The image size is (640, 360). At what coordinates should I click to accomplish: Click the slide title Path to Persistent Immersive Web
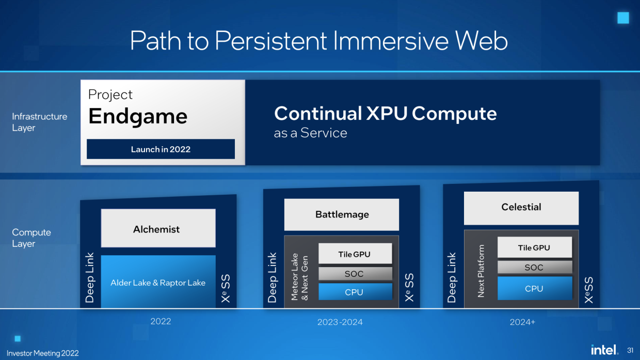tap(318, 40)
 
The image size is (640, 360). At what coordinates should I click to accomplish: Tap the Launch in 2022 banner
tap(161, 149)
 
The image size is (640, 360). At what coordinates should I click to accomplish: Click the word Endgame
tap(138, 116)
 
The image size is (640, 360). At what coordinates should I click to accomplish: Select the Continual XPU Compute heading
tap(385, 114)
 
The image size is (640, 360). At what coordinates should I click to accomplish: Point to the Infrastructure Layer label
tap(39, 122)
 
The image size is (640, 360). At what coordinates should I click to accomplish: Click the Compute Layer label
tap(31, 238)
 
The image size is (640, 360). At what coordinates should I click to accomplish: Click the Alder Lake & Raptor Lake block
tap(158, 283)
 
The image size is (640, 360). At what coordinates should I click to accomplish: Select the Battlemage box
tap(342, 214)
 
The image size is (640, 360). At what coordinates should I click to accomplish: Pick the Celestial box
tap(521, 207)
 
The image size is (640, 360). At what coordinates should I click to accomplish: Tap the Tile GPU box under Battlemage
tap(355, 254)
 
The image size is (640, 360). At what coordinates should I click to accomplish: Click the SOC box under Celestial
tap(534, 268)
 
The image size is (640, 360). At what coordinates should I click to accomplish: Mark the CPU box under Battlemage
tap(355, 292)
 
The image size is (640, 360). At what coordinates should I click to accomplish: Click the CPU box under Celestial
tap(534, 288)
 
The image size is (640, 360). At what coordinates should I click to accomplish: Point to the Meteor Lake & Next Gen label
tap(299, 276)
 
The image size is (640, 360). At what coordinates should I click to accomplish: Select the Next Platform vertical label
tap(481, 271)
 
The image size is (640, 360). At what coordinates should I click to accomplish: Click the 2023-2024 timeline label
tap(340, 322)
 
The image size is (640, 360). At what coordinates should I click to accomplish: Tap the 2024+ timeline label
tap(522, 322)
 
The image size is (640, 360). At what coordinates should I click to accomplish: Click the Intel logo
tap(604, 350)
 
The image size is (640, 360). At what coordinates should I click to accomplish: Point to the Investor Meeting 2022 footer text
tap(43, 353)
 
